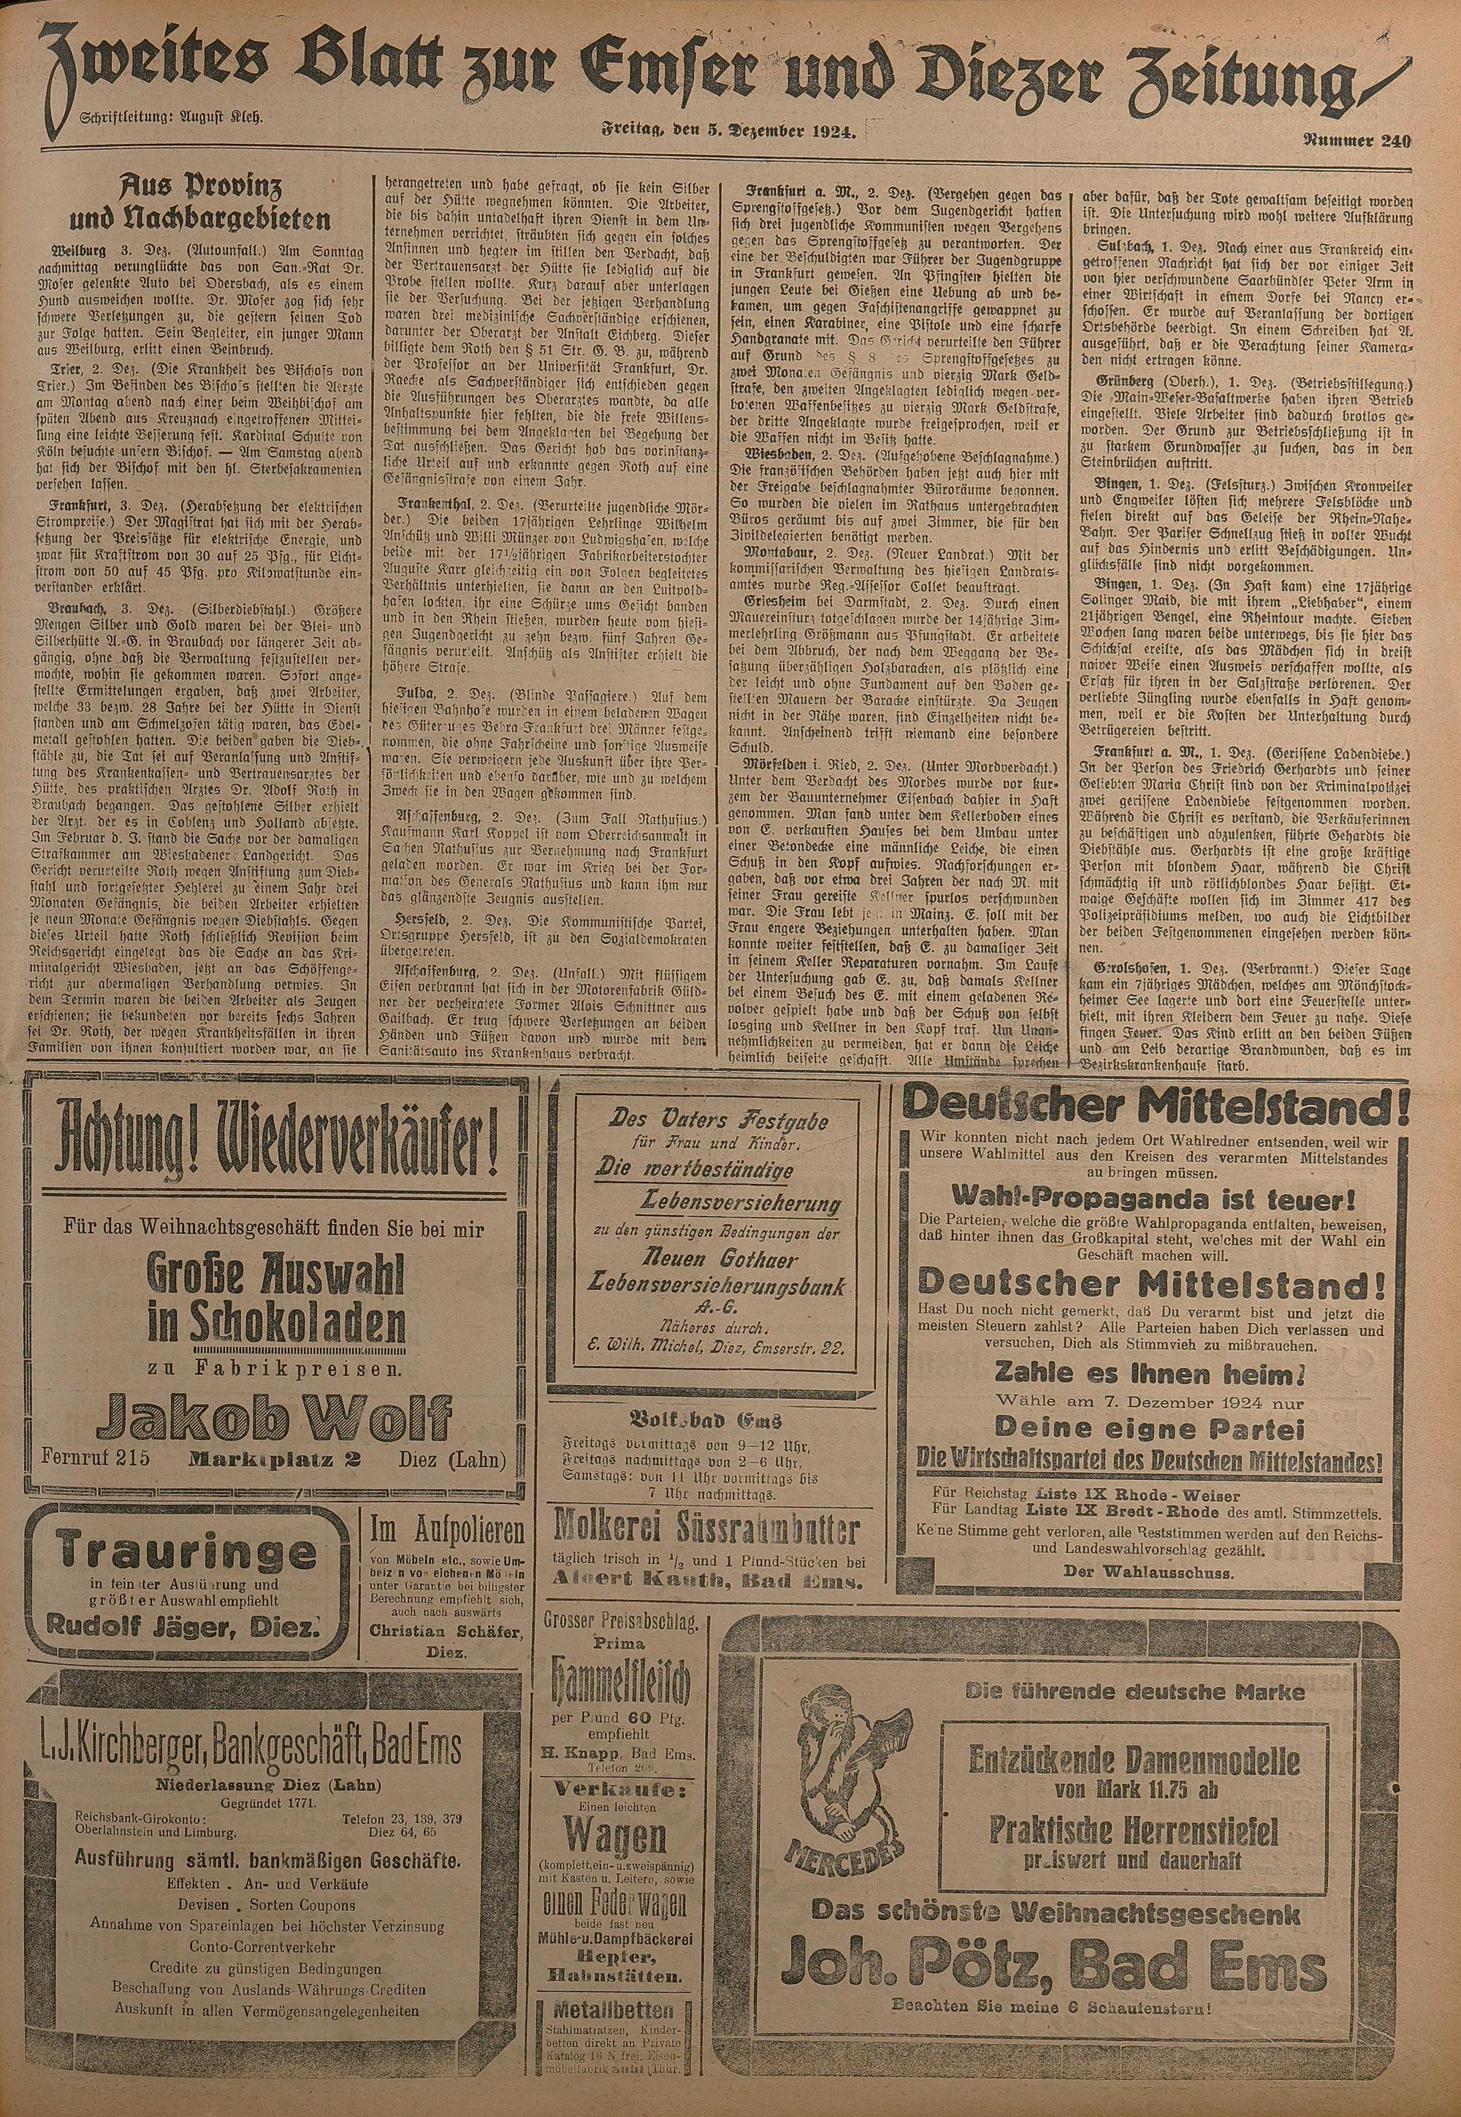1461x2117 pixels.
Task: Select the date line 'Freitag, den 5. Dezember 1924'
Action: pos(728,134)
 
